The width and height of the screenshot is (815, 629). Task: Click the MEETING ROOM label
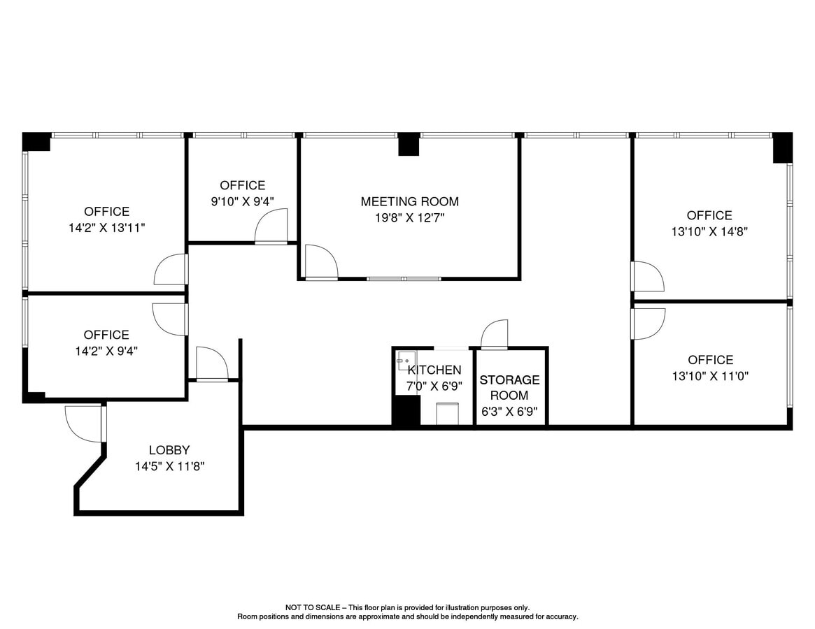pyautogui.click(x=409, y=201)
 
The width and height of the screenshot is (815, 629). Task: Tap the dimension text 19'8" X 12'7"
pyautogui.click(x=409, y=217)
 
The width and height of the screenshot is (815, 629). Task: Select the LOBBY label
pyautogui.click(x=169, y=450)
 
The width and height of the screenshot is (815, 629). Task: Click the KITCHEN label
pyautogui.click(x=434, y=370)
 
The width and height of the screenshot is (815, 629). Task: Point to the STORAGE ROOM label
pyautogui.click(x=509, y=387)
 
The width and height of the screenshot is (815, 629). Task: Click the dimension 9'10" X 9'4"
pyautogui.click(x=242, y=201)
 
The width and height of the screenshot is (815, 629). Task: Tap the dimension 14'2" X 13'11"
pyautogui.click(x=106, y=227)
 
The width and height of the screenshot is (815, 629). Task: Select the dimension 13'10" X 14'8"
pyautogui.click(x=709, y=231)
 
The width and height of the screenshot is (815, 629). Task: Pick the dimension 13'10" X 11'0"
pyautogui.click(x=710, y=376)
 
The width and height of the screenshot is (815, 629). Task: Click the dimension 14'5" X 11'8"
pyautogui.click(x=169, y=466)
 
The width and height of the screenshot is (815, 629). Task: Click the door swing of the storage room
pyautogui.click(x=495, y=333)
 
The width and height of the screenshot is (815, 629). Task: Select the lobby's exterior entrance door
pyautogui.click(x=84, y=424)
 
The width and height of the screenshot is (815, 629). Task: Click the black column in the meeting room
pyautogui.click(x=409, y=144)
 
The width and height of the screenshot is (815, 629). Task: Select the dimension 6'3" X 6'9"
pyautogui.click(x=509, y=412)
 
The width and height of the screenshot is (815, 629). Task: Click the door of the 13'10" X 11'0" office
pyautogui.click(x=648, y=323)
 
